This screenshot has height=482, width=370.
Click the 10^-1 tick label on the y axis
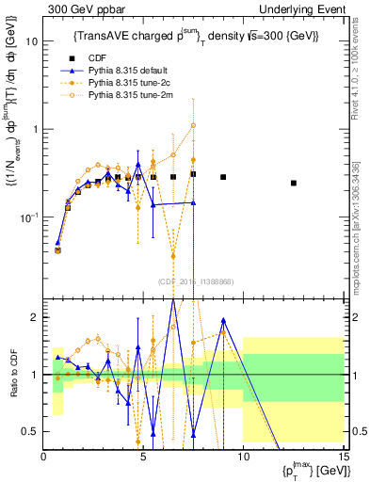click(29, 217)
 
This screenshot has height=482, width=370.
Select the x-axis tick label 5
click(143, 457)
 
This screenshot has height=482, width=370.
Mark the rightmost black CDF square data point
click(294, 183)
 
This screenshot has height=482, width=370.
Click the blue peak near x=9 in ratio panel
click(223, 320)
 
